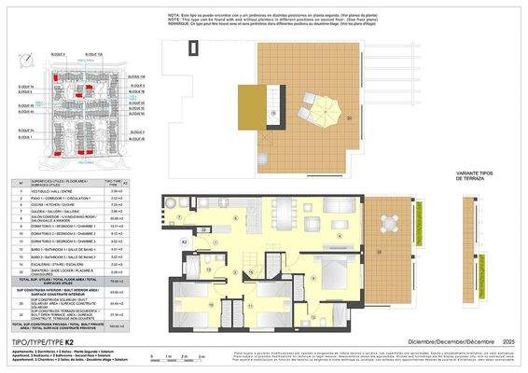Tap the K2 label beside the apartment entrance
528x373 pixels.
coord(185,242)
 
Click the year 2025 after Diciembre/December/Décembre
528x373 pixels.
coord(510,343)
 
